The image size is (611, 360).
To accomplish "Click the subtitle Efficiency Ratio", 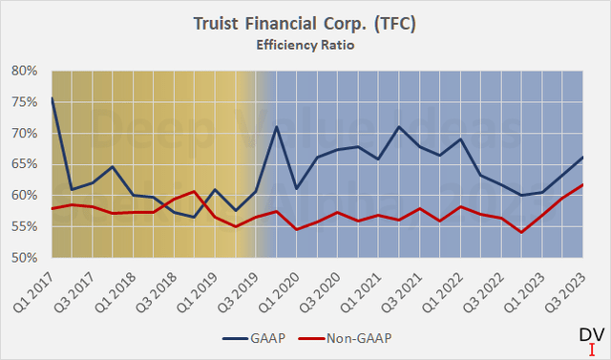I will pos(305,43).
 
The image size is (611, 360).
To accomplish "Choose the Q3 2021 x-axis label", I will pos(406,286).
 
